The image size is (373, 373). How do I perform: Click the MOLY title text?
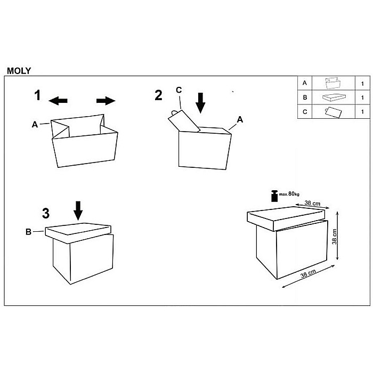coord(19,70)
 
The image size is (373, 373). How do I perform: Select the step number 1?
coord(37,95)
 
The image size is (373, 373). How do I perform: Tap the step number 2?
coord(158,95)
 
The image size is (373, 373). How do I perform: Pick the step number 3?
coord(46,213)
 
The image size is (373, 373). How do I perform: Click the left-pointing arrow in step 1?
coord(58,101)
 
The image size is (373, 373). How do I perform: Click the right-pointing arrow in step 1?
coord(106,101)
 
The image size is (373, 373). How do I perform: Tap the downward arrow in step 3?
coord(78,210)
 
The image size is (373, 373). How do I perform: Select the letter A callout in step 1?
coord(35,124)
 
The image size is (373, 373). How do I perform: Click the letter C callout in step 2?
coord(179,90)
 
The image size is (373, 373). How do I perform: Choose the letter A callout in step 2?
coord(240,120)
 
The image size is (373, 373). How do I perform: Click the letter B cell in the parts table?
coord(305,98)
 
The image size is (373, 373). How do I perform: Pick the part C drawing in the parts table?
coord(333,112)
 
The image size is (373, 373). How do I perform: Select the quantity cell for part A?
coord(362,84)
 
